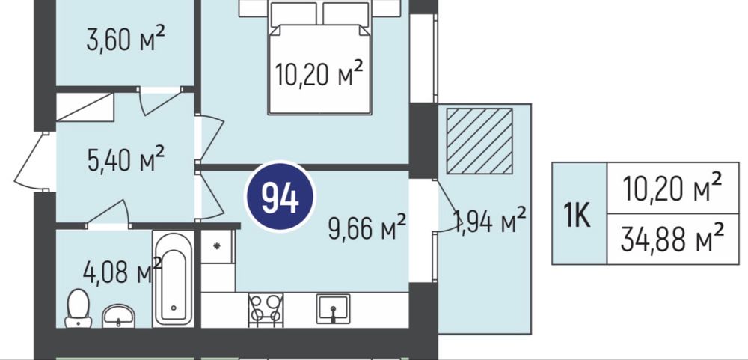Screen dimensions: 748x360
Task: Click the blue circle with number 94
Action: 280,197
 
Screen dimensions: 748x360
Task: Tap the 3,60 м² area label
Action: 126,39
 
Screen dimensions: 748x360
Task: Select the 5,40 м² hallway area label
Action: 126,159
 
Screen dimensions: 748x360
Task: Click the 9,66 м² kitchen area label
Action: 367,228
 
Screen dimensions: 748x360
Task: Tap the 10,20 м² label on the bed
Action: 319,73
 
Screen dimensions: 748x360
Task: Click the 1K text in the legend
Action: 577,214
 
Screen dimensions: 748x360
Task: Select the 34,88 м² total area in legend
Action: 672,239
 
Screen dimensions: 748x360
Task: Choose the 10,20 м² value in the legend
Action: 672,188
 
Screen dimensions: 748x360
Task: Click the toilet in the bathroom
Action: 79,308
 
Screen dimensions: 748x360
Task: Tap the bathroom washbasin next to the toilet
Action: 118,316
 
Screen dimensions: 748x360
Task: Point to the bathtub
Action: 174,279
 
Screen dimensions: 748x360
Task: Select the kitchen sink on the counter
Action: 333,308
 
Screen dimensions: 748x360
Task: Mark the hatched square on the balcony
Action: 479,141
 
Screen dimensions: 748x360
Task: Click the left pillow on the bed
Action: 294,13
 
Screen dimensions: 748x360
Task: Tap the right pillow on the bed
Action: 346,13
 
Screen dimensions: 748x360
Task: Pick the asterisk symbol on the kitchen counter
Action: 217,246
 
